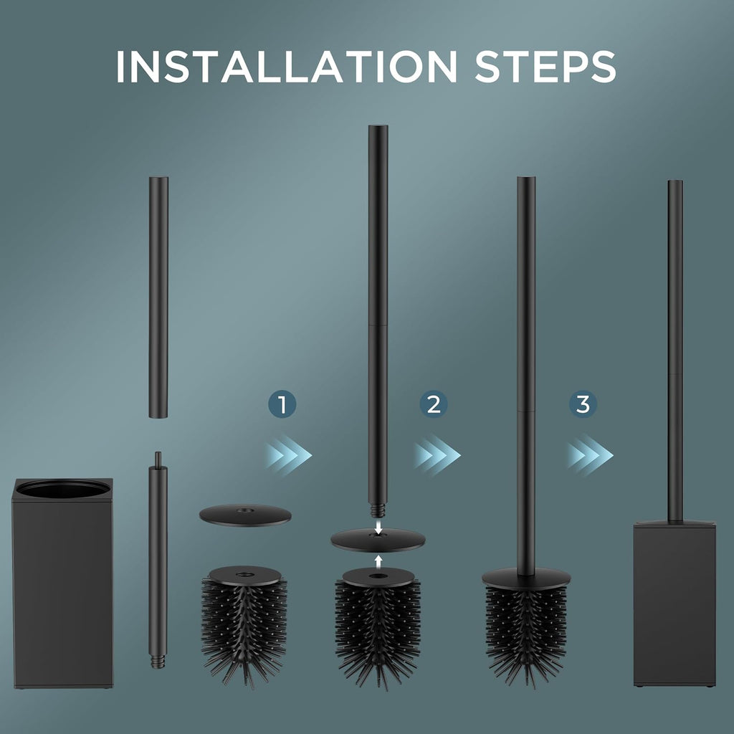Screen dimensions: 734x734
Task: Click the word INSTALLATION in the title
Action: coord(286,66)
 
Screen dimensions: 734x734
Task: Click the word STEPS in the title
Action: coord(545,66)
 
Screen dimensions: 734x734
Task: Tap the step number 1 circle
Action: coord(282,404)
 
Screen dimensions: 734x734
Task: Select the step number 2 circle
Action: coord(434,404)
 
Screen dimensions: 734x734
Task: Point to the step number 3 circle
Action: coord(583,404)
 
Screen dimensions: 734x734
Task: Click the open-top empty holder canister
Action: coord(63,583)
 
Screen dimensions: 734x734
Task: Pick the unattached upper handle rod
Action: coord(158,297)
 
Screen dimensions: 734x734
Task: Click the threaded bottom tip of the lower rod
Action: coord(158,662)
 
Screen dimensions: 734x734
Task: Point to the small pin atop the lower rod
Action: coord(158,459)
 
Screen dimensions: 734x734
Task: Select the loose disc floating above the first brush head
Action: coord(245,515)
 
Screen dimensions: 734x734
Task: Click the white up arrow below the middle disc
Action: coord(378,561)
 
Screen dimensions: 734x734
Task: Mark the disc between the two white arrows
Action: coord(378,540)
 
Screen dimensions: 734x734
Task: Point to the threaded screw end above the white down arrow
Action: coord(378,510)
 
